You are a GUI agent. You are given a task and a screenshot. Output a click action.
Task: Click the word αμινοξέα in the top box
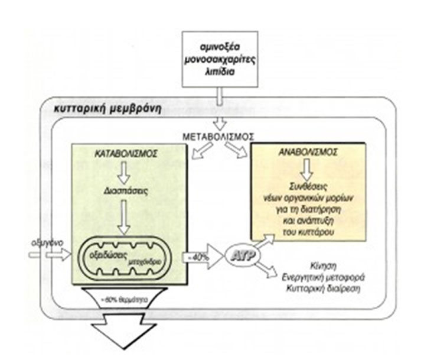[x=219, y=46]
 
